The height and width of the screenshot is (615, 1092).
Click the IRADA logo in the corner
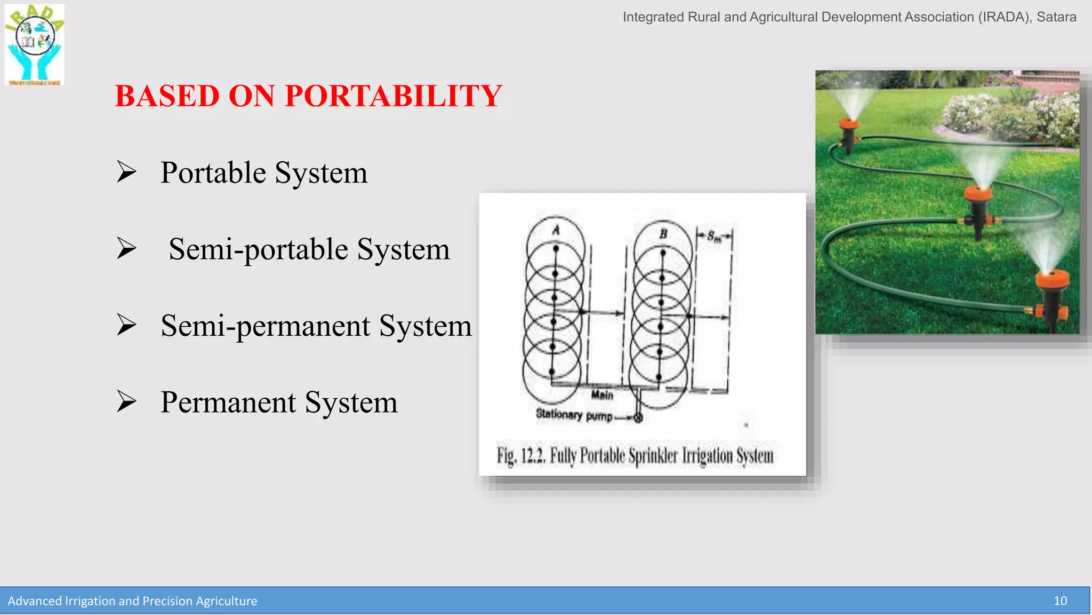coord(35,45)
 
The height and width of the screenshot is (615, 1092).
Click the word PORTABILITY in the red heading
coord(393,96)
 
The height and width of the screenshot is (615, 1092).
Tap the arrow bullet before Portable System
coord(126,172)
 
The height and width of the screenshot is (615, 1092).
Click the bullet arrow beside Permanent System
coord(126,401)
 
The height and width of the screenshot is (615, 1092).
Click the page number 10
coord(1060,601)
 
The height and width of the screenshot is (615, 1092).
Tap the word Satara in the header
coord(1056,17)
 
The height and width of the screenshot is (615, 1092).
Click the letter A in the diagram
coord(556,230)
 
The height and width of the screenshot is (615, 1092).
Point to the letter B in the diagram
coord(663,234)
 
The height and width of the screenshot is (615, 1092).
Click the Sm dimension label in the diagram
coord(714,236)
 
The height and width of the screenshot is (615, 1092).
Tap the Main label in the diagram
coord(602,395)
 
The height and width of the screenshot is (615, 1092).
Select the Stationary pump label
coord(574,415)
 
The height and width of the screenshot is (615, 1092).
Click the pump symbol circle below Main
coord(638,417)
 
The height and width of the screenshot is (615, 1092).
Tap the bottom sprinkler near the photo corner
coord(1053,283)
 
